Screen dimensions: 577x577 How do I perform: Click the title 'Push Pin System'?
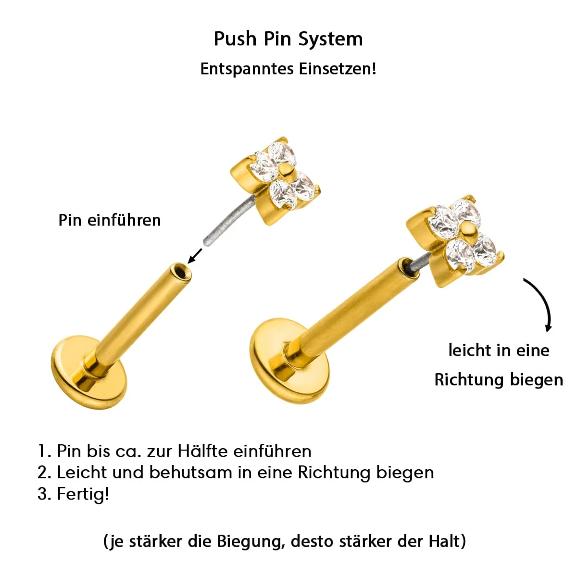(x=288, y=39)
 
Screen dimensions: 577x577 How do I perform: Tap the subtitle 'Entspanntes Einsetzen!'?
(x=288, y=69)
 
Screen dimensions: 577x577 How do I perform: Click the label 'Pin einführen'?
(x=110, y=220)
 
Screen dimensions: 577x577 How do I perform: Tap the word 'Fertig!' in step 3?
(x=83, y=493)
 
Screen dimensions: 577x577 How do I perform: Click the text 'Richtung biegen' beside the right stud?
(x=499, y=380)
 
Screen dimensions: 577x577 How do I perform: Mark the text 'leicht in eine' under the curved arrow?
(x=499, y=350)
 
